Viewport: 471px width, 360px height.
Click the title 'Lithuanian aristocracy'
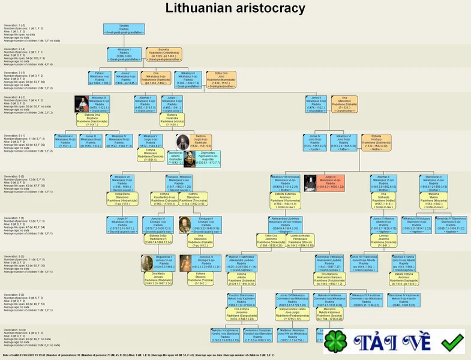coord(235,8)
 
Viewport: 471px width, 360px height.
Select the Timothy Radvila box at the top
coord(124,28)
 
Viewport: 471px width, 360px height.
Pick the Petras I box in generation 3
coord(100,78)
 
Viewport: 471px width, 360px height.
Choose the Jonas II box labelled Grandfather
coord(316,102)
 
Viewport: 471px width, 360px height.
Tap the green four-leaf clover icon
coord(337,341)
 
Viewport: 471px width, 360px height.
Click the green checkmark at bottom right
coord(452,341)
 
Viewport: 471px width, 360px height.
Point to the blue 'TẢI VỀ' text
coord(392,342)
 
